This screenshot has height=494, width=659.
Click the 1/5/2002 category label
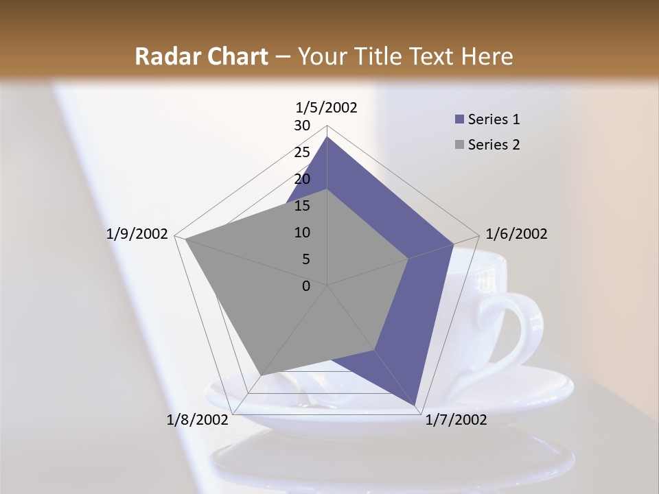(x=326, y=107)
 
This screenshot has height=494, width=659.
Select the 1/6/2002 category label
(x=516, y=234)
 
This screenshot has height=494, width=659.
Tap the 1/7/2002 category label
(x=456, y=420)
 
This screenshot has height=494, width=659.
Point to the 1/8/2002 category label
(x=197, y=420)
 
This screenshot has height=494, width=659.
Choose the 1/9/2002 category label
(x=137, y=234)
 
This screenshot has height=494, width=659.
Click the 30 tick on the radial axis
(x=302, y=126)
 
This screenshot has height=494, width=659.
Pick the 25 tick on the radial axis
(x=302, y=152)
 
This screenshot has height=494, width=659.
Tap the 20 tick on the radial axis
(x=302, y=179)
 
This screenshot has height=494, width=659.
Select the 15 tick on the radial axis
(x=302, y=206)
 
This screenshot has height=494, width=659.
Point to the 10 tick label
(x=302, y=233)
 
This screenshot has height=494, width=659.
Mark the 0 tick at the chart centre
(x=306, y=286)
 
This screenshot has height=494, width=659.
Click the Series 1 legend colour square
(x=459, y=120)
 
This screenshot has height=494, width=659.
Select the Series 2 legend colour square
(x=459, y=145)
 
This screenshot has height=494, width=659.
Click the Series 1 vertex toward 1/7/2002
(x=416, y=406)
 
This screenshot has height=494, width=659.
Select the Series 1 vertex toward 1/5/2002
(x=327, y=137)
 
